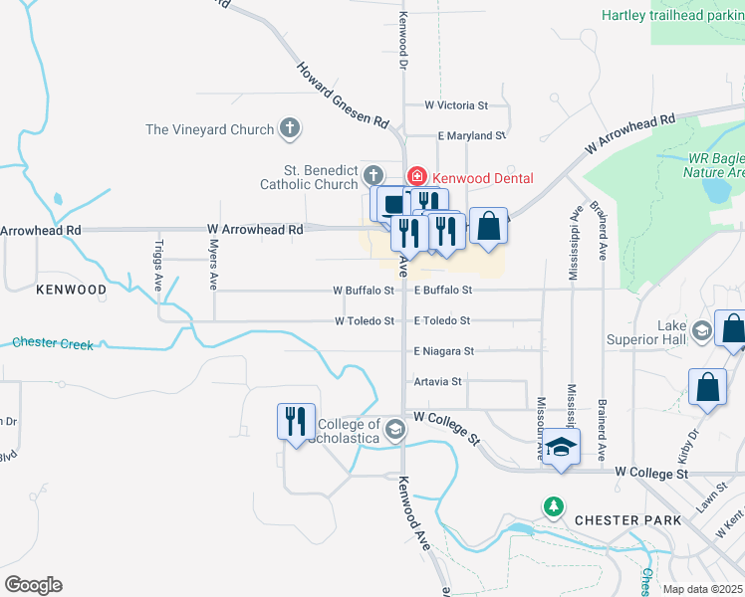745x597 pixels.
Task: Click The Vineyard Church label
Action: coord(209,129)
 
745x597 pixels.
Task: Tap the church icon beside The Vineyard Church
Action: coord(290,128)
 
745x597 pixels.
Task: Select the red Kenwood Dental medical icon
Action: coord(416,176)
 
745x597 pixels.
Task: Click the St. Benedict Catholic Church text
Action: coord(309,177)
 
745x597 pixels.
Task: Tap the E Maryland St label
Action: coord(472,135)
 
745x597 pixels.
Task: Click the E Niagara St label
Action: coord(444,351)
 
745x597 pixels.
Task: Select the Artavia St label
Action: coord(438,381)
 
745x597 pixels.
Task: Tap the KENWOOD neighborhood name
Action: coord(71,290)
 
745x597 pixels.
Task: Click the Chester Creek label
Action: coord(53,344)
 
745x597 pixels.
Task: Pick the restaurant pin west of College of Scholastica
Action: coord(296,421)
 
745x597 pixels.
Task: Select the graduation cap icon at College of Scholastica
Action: coord(394,430)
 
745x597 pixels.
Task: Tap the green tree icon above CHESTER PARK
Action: coord(554,506)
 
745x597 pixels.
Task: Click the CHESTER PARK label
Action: coord(627,520)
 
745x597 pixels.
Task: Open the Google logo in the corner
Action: coord(33,585)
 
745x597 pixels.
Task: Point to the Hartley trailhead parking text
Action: coord(673,15)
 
